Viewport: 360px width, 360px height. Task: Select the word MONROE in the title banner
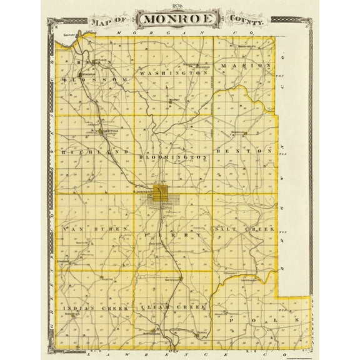point(180,19)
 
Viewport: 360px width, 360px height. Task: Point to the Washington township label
point(173,73)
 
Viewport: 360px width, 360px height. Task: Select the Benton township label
point(244,151)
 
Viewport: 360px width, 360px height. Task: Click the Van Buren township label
point(96,229)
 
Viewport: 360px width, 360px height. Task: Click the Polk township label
point(262,319)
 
